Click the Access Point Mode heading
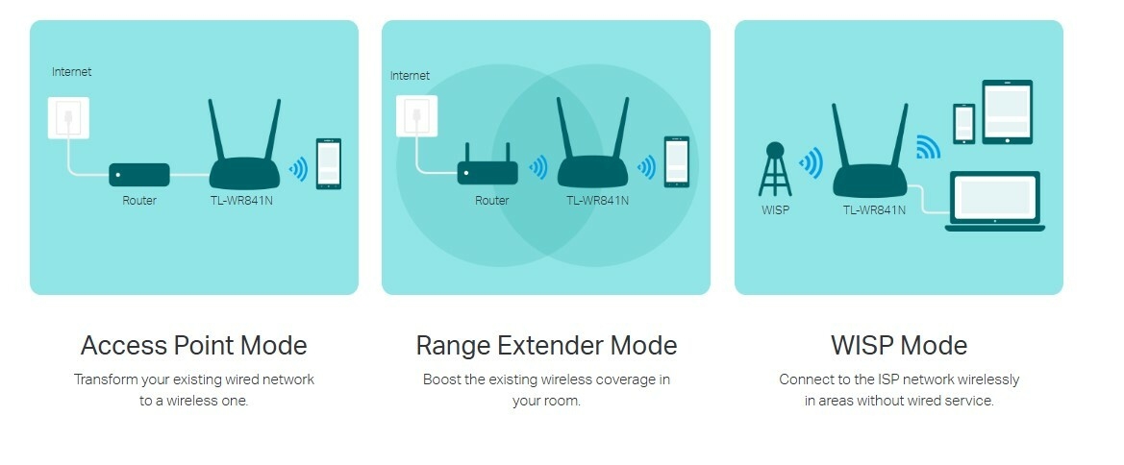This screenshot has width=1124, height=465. (193, 345)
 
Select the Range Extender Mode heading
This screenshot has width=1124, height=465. (546, 345)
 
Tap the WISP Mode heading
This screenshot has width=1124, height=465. (899, 345)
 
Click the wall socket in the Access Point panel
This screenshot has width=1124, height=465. (68, 117)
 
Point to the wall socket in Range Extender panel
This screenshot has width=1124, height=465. (416, 115)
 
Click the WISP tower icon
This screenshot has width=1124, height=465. (775, 169)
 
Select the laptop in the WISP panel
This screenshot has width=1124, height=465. (994, 202)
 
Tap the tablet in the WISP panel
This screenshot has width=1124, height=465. (1007, 111)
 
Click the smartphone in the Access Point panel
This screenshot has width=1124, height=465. (328, 163)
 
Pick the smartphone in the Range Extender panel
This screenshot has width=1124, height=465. (677, 162)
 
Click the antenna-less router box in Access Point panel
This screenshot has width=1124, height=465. (139, 175)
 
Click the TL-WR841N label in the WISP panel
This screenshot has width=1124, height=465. (874, 210)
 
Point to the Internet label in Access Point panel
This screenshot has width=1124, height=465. (72, 72)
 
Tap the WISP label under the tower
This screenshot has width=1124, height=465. (775, 210)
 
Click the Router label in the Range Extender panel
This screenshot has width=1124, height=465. (491, 201)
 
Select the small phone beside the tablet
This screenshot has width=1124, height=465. (964, 123)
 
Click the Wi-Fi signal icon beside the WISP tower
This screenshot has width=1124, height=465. (812, 163)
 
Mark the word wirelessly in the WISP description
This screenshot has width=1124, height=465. (986, 379)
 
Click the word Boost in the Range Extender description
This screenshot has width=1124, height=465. (441, 379)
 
